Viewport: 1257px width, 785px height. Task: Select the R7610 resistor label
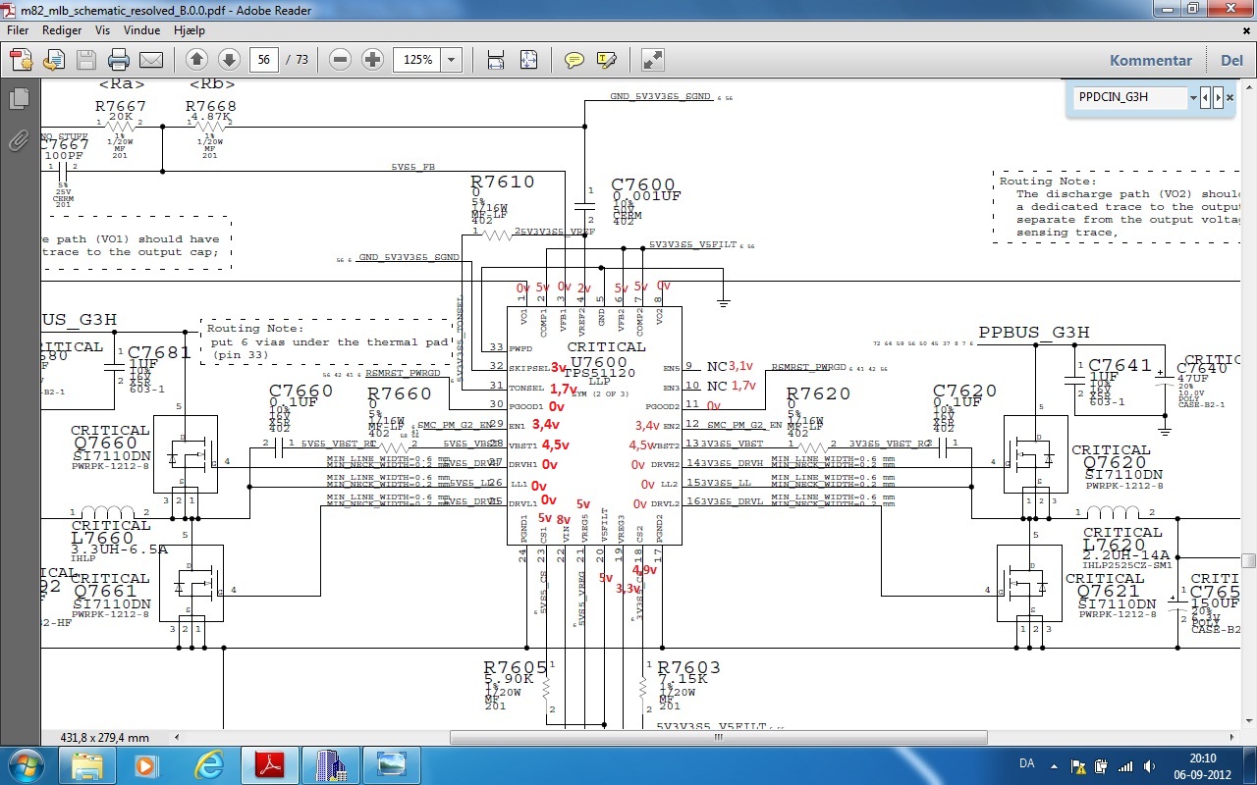(x=503, y=183)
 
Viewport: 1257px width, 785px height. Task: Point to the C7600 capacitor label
(x=643, y=185)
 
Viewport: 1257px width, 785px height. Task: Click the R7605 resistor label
(x=516, y=668)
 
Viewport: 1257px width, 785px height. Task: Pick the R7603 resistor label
(x=688, y=668)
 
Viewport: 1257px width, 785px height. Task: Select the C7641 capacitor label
(x=1120, y=366)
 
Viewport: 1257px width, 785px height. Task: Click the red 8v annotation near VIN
(x=563, y=519)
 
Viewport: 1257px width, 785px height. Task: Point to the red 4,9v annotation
(x=644, y=570)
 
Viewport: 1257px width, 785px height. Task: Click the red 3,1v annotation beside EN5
(x=740, y=366)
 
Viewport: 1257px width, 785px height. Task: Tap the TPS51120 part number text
(x=601, y=373)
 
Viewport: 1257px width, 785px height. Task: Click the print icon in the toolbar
(x=119, y=60)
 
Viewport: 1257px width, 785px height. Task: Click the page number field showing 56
(x=263, y=60)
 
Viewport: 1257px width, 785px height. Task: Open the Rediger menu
(x=62, y=30)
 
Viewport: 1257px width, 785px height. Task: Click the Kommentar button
(x=1150, y=60)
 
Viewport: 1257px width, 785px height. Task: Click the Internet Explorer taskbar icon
(x=209, y=764)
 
